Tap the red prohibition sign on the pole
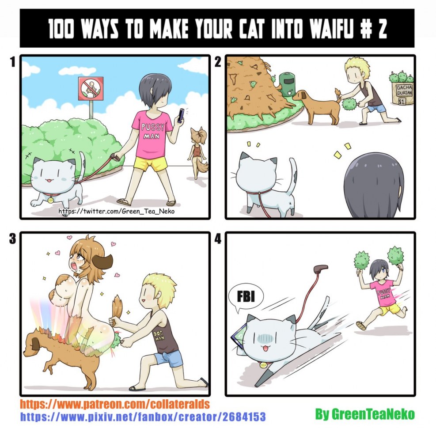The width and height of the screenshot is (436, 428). click(91, 88)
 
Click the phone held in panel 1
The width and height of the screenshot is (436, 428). click(181, 115)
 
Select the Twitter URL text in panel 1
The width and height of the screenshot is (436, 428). click(116, 211)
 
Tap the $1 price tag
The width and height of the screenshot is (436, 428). click(401, 101)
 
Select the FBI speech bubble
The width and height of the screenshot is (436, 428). click(246, 298)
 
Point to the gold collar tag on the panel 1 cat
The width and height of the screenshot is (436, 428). click(50, 200)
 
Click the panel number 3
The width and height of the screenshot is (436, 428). click(12, 239)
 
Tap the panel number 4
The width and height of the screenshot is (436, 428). click(218, 239)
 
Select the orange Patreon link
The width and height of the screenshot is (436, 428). click(114, 404)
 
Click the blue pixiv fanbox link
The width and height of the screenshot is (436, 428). click(143, 417)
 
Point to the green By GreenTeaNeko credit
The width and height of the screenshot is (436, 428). click(365, 414)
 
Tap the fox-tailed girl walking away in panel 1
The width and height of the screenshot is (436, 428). click(198, 152)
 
